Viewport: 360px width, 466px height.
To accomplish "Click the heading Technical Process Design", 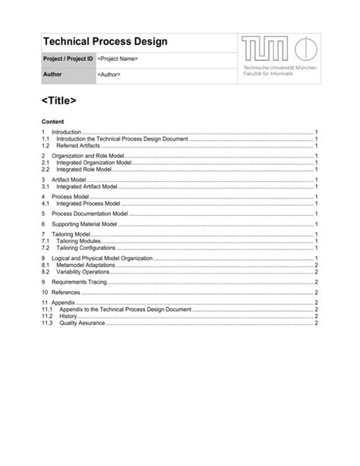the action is click(x=105, y=42).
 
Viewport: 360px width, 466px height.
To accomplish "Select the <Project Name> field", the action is click(x=117, y=59).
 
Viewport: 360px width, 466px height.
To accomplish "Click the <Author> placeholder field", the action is click(x=109, y=74).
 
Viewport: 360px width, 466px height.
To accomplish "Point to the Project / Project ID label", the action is click(x=67, y=59).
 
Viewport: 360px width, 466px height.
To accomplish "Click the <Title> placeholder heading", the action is click(x=59, y=100).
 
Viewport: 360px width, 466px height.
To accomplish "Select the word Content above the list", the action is click(x=52, y=122).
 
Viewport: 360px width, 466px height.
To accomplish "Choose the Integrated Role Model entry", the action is click(x=84, y=170).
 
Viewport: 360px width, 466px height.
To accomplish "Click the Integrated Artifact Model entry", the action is click(x=87, y=186).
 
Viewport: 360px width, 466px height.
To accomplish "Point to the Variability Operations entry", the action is click(x=83, y=271).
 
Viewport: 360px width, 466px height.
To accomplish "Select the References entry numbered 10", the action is click(x=65, y=293).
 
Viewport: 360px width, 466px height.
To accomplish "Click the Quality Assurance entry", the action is click(x=82, y=323).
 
